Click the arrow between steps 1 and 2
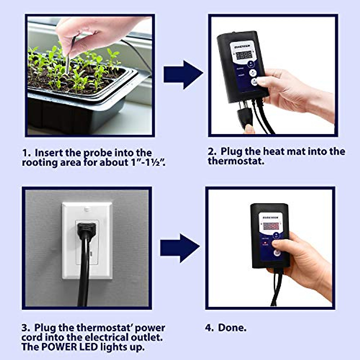(x=183, y=75)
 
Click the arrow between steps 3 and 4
(x=179, y=248)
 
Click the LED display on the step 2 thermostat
(x=244, y=55)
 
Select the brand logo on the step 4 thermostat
(x=270, y=217)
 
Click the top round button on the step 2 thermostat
(x=251, y=64)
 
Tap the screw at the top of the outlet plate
(x=87, y=209)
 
